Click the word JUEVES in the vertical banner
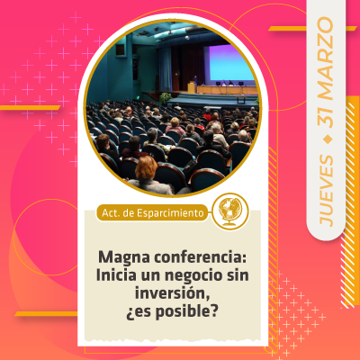(x=327, y=191)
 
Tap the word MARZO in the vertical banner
(x=326, y=59)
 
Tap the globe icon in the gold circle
(x=230, y=211)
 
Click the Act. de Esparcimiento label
(x=152, y=212)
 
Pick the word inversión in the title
(x=172, y=292)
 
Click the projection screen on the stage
(x=231, y=63)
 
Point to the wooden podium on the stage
(x=192, y=87)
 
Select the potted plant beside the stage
(x=165, y=98)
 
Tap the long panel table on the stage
(x=227, y=90)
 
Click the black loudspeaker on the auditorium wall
(x=121, y=49)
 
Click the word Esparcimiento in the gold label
(x=170, y=213)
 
